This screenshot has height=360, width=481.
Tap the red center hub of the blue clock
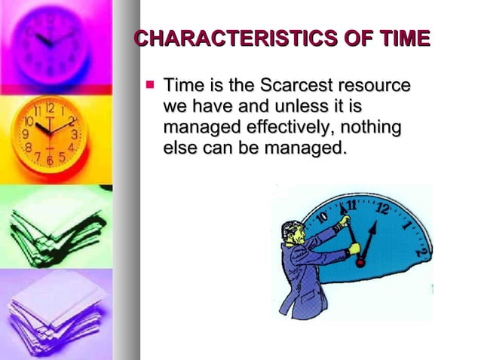(x=360, y=261)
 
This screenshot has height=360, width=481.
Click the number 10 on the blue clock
(x=320, y=219)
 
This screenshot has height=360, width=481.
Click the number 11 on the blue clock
(x=351, y=204)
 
